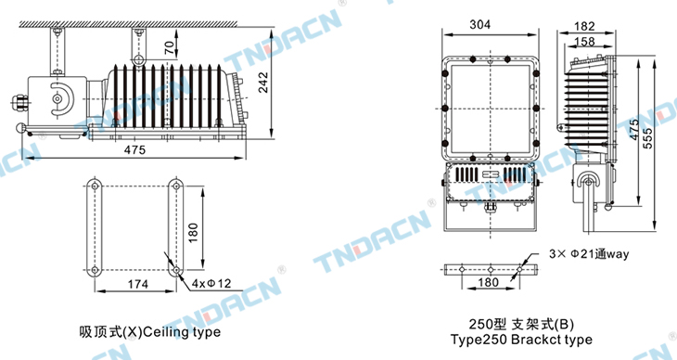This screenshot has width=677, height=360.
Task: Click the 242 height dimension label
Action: [263, 83]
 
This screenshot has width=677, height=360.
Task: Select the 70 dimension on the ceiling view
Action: [171, 46]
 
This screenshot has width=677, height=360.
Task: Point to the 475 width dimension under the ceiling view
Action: [135, 149]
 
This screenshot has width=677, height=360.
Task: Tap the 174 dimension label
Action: [138, 284]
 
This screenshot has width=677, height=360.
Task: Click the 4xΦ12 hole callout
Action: [211, 284]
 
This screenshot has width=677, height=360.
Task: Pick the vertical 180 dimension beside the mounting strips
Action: [193, 233]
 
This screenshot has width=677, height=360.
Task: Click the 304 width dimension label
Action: [479, 25]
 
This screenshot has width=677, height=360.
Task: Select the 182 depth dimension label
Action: [584, 26]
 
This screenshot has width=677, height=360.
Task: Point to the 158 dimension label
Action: [584, 42]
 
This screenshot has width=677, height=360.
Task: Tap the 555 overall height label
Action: [648, 138]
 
